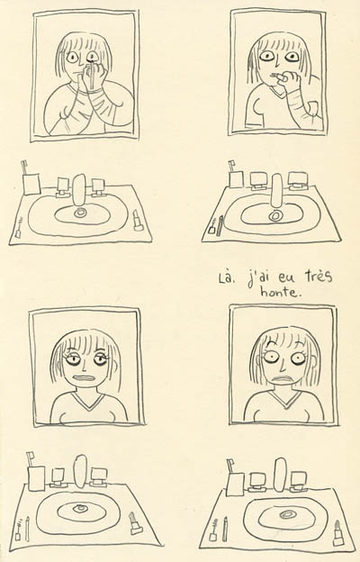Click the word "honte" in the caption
click(281, 292)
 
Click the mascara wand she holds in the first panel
click(94, 74)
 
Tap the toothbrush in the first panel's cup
click(25, 168)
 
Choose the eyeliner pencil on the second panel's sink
click(221, 225)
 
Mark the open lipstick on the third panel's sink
click(135, 523)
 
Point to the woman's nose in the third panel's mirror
click(84, 365)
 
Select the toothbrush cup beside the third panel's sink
click(37, 478)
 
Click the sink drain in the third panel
click(79, 508)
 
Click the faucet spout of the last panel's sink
click(280, 474)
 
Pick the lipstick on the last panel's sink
click(338, 532)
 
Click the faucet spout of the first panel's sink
click(79, 190)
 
